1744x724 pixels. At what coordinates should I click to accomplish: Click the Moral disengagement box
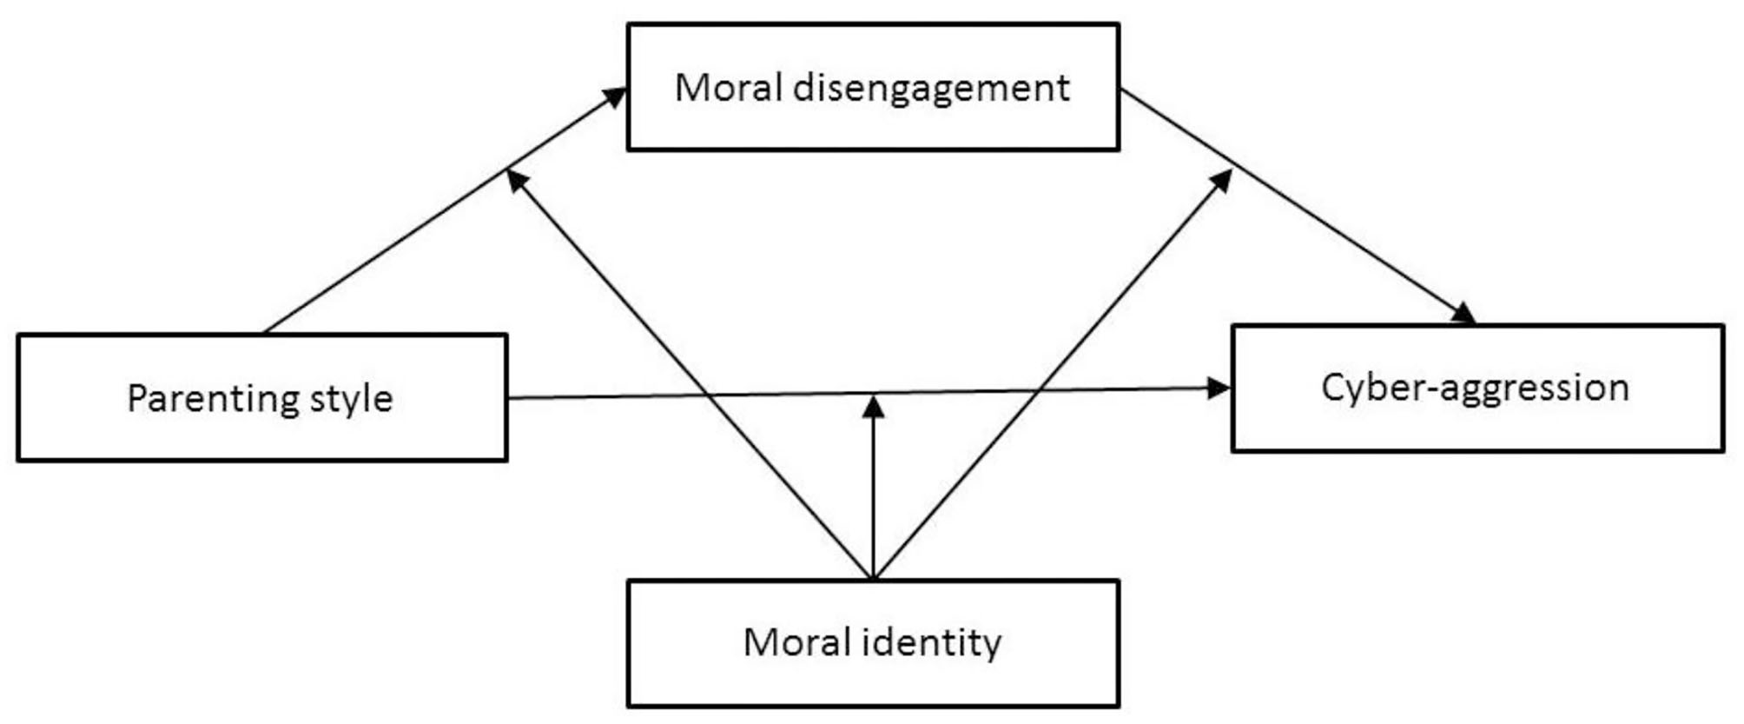pos(873,87)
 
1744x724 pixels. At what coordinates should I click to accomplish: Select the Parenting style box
pos(261,397)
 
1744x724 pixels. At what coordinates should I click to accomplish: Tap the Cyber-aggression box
pos(1476,388)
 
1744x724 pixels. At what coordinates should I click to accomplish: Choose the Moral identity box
pos(873,643)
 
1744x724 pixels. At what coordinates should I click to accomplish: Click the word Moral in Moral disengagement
pos(728,87)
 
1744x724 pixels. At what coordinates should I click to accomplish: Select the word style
pos(354,399)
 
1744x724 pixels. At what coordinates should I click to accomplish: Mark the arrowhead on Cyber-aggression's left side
pos(1219,388)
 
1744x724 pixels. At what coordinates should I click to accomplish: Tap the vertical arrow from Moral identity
pos(873,495)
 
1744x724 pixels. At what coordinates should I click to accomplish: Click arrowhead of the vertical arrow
pos(873,407)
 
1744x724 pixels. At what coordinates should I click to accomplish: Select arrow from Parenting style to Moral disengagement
pos(391,246)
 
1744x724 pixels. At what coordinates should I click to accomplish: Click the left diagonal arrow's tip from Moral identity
pos(516,179)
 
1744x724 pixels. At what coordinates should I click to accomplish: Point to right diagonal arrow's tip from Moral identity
pos(1223,179)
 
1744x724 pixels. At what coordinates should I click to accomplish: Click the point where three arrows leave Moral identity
pos(873,577)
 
